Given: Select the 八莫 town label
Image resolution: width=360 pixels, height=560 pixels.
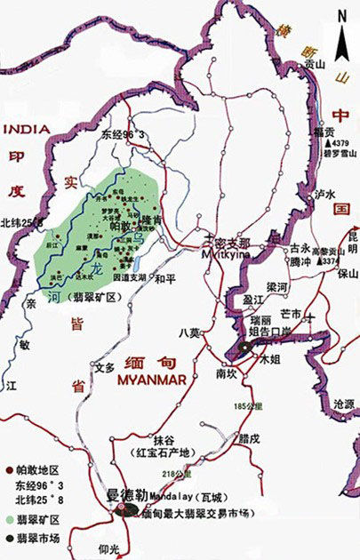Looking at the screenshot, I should [x=189, y=332].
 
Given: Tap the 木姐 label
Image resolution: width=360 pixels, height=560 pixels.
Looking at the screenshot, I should [x=269, y=360].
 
